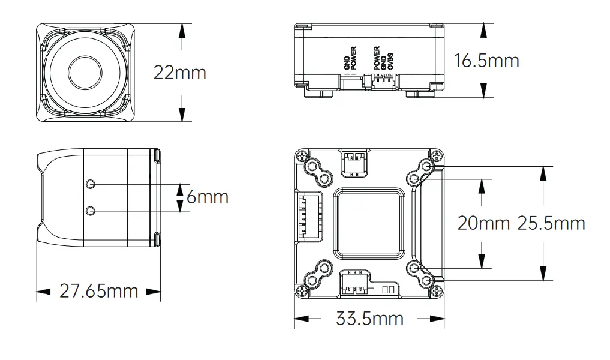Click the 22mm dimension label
point(180,73)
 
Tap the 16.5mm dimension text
point(486,61)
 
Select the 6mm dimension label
point(208,197)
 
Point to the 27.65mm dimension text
point(99,291)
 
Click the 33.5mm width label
point(369,319)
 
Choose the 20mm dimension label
point(483,223)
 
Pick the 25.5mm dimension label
point(551,223)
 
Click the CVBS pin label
point(390,61)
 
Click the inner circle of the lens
point(85,73)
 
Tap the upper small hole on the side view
point(91,184)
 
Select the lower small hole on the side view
point(91,211)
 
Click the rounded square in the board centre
point(369,223)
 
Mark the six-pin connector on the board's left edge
point(308,217)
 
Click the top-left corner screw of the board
point(302,157)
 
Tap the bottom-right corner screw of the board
point(437,290)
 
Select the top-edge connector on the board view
point(353,163)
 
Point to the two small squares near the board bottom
point(388,289)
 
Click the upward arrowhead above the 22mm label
point(181,31)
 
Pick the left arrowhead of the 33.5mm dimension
point(301,319)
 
